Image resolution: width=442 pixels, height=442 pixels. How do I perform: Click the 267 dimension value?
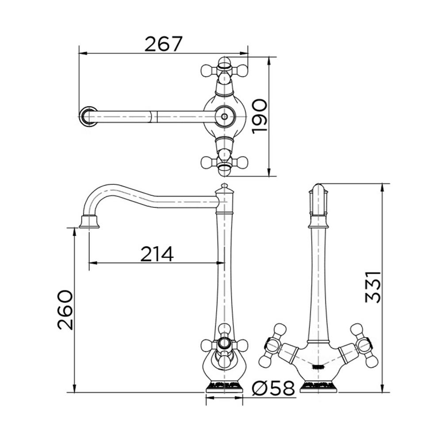tap(164, 44)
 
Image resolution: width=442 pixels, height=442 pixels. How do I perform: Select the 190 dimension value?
tap(259, 116)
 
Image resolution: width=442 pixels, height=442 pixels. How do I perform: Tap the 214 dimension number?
tap(157, 254)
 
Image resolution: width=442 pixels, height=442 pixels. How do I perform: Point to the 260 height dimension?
tap(65, 310)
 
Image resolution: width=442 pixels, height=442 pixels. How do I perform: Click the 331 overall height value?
tap(373, 287)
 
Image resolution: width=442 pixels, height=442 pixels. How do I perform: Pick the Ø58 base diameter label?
tap(273, 389)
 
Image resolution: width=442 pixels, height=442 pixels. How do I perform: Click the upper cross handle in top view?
tap(225, 70)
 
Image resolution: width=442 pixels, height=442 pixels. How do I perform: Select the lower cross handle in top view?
tap(225, 162)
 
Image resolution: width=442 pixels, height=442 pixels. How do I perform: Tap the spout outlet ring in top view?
tap(88, 117)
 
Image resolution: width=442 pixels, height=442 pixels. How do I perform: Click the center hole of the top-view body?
tap(225, 117)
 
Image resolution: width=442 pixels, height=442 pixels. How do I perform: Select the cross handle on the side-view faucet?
tap(225, 345)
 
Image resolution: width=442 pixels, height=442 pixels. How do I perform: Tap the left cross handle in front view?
tap(273, 345)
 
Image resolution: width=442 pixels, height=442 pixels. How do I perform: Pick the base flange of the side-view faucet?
tap(225, 387)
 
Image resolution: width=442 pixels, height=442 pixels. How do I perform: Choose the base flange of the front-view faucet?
tap(318, 387)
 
